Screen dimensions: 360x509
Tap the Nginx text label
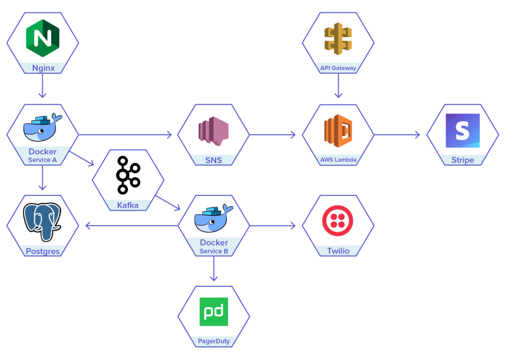click(43, 68)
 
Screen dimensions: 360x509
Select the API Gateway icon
click(338, 38)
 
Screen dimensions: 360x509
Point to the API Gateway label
click(338, 68)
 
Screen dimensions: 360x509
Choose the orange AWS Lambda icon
click(338, 131)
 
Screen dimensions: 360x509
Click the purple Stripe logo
click(463, 131)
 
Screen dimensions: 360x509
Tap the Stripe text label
click(463, 160)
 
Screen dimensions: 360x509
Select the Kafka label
click(128, 205)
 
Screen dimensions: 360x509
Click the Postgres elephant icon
click(42, 221)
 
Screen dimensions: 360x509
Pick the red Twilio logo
click(338, 220)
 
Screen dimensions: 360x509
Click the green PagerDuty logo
click(214, 312)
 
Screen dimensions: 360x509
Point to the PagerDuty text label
click(214, 342)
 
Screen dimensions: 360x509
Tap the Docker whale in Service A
click(42, 128)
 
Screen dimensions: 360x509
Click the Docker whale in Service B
click(213, 218)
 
